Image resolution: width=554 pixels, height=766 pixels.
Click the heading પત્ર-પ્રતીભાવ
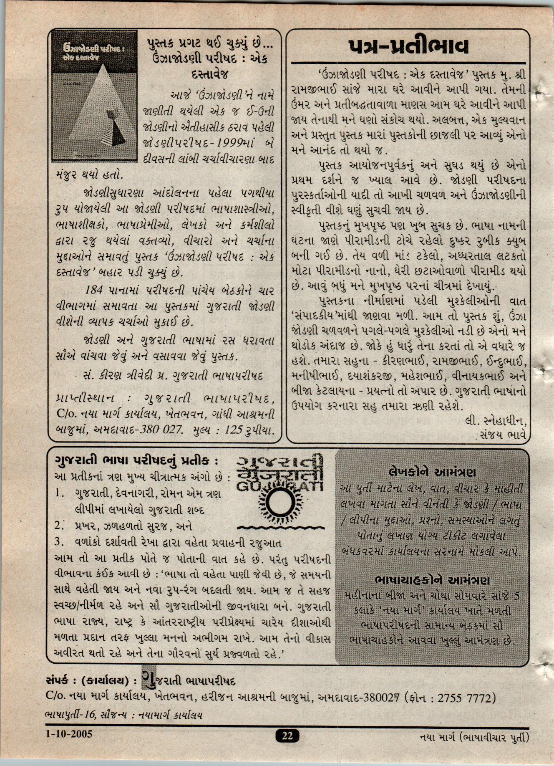pyautogui.click(x=408, y=47)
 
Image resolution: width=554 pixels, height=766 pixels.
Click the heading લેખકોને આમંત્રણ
pyautogui.click(x=431, y=472)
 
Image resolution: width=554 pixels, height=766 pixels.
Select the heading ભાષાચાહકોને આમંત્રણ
pyautogui.click(x=431, y=580)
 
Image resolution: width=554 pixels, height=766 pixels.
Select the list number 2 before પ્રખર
pyautogui.click(x=58, y=525)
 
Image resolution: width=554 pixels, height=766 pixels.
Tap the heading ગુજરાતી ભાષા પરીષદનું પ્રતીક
pyautogui.click(x=136, y=460)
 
